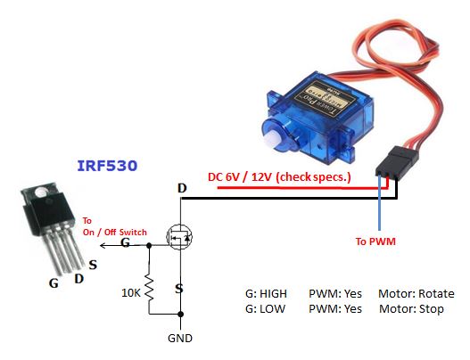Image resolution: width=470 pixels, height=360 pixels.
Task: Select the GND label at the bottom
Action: point(181,339)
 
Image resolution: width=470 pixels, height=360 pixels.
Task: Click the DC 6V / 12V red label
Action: point(279,176)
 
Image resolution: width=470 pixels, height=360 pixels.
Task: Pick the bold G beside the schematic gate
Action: point(125,241)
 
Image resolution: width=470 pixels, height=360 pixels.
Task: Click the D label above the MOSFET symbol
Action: point(182,188)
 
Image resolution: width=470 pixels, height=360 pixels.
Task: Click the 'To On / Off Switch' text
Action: point(105,225)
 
